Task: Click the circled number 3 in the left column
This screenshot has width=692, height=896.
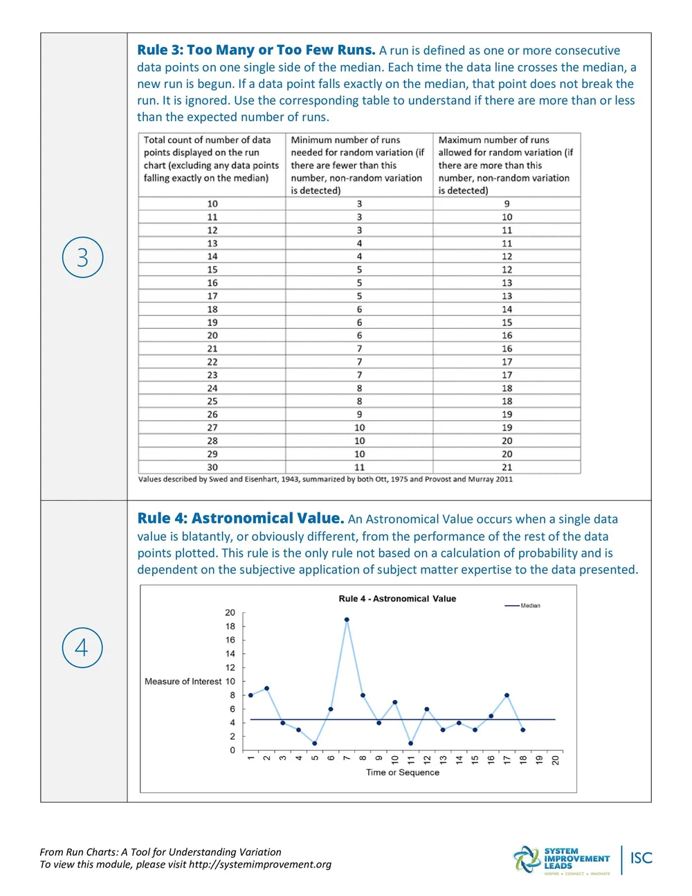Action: click(x=82, y=258)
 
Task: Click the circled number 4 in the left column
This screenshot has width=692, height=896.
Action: click(x=82, y=648)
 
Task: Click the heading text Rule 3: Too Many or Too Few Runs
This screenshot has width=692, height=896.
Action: click(x=256, y=51)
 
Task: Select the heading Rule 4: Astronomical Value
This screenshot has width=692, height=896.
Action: click(x=240, y=519)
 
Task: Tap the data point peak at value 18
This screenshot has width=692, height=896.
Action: click(x=347, y=620)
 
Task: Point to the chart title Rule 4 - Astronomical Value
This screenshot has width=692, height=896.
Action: click(x=397, y=599)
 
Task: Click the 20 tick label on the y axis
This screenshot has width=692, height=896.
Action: click(x=230, y=613)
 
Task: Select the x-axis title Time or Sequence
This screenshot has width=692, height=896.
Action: click(x=402, y=773)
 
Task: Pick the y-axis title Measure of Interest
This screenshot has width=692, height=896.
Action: click(x=183, y=682)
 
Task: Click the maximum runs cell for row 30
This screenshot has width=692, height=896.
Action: click(x=507, y=467)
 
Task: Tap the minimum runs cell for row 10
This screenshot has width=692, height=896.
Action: click(x=359, y=204)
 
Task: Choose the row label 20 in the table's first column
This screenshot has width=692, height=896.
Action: click(x=212, y=336)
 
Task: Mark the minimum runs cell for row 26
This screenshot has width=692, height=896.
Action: click(x=359, y=415)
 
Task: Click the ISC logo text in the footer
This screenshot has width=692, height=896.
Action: click(x=641, y=859)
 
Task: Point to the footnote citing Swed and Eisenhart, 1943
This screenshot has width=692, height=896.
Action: click(x=325, y=479)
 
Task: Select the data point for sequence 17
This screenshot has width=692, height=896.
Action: click(x=507, y=695)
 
